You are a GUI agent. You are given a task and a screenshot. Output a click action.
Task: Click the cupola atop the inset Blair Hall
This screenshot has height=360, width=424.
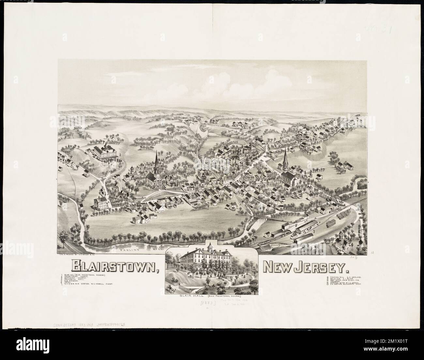coord(212,245)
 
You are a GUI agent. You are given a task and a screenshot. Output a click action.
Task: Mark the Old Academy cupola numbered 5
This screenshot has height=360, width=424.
coord(132,170)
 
